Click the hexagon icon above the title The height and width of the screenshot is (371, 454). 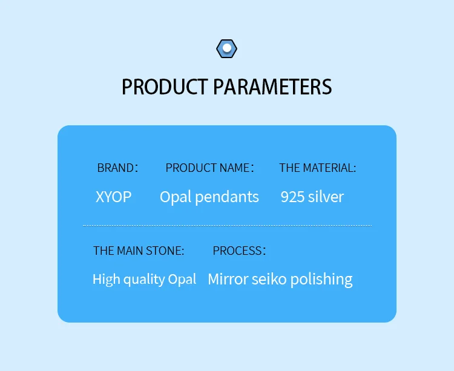(x=227, y=48)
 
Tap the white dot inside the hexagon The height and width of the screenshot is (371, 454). (x=227, y=48)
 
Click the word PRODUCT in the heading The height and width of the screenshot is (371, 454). (x=165, y=87)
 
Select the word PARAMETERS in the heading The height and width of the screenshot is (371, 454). (x=272, y=87)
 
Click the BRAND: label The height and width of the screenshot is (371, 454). (x=117, y=168)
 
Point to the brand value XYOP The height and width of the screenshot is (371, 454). (x=114, y=197)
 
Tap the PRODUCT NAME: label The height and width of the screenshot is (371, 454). (x=209, y=168)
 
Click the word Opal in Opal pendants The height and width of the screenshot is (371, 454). (x=176, y=198)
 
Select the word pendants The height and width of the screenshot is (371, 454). (x=227, y=198)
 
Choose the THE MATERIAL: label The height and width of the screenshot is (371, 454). (x=318, y=168)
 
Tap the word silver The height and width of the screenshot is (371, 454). (x=326, y=197)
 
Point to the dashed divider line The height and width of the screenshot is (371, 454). (x=227, y=225)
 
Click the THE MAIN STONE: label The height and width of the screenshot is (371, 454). (x=139, y=251)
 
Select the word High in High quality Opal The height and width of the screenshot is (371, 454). (x=107, y=280)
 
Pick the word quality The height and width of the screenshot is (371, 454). (x=144, y=280)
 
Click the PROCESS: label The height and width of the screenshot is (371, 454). (x=239, y=251)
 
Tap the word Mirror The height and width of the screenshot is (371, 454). (x=228, y=279)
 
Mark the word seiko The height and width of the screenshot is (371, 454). (x=269, y=279)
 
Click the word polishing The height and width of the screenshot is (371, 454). (x=321, y=280)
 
